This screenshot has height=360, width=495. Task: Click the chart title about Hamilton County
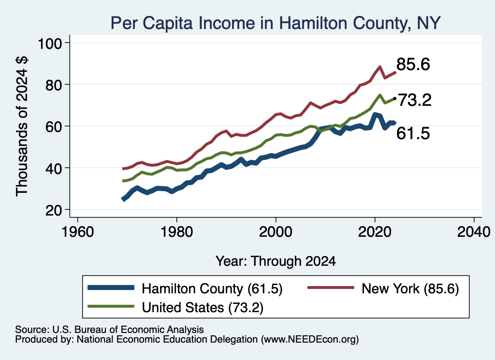pos(275,23)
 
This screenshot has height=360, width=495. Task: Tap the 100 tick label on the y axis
pos(50,43)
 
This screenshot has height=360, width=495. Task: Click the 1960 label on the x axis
pos(78,232)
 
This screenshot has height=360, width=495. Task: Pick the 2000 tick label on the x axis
pos(276,232)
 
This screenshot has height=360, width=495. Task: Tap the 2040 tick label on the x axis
pos(474,232)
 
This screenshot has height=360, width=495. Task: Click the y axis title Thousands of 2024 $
pos(22,126)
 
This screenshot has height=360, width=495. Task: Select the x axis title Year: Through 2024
pos(276,261)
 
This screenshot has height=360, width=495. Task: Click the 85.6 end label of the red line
pos(413,64)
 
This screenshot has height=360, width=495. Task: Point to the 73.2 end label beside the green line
pos(414,101)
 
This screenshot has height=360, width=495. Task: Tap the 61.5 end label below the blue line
pos(413,133)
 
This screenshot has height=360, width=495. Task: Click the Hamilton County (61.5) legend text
pos(212,288)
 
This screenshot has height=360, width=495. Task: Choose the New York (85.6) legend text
pos(410,288)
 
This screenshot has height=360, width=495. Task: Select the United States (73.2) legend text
pos(203,308)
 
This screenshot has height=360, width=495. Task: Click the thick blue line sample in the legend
pos(111,288)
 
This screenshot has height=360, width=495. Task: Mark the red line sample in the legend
pos(331,288)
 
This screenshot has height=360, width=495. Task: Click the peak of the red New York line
pos(380,67)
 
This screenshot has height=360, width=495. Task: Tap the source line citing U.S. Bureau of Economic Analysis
pos(109,330)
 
